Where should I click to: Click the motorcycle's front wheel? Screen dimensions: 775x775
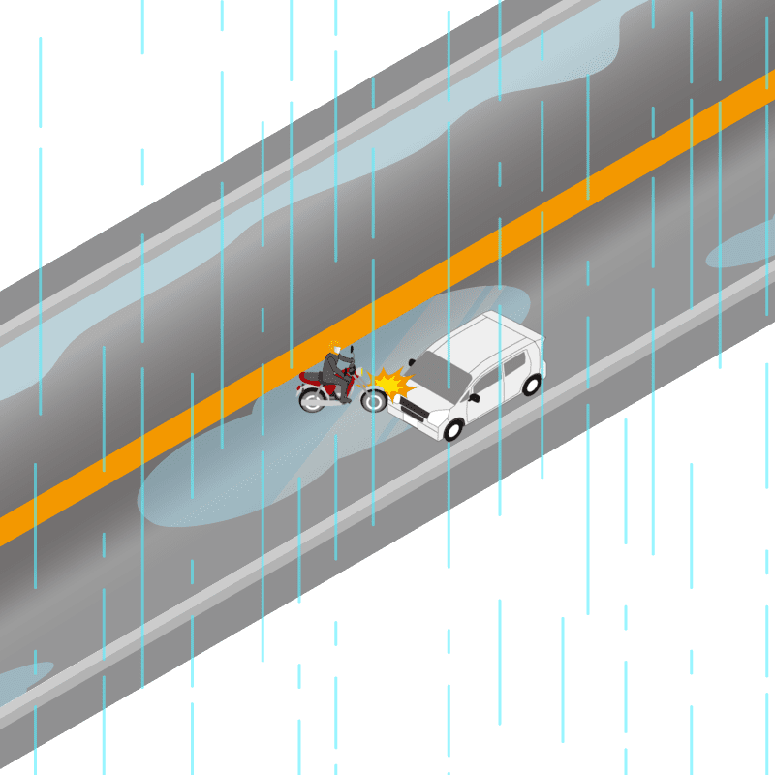coord(373,398)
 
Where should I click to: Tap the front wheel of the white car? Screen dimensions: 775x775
coord(453,427)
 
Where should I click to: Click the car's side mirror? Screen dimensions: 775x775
coord(474,397)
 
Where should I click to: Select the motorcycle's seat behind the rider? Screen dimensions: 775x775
coord(313,376)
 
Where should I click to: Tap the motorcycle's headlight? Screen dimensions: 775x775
coord(360,372)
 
